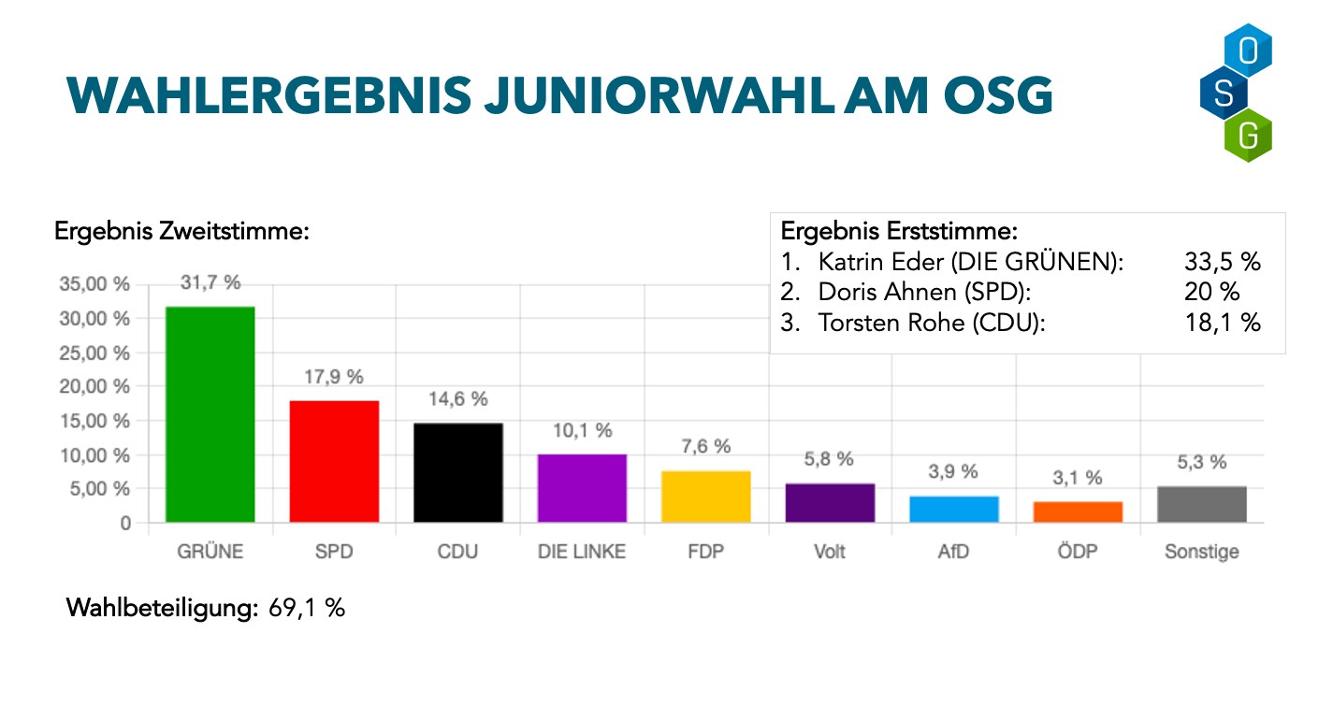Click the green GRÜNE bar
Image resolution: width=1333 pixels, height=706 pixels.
pyautogui.click(x=210, y=414)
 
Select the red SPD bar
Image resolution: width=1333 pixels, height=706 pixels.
pyautogui.click(x=334, y=461)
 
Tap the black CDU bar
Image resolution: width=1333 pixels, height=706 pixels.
pyautogui.click(x=457, y=472)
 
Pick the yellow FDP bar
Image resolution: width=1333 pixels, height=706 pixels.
pyautogui.click(x=705, y=497)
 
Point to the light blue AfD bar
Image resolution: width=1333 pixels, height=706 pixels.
pyautogui.click(x=953, y=510)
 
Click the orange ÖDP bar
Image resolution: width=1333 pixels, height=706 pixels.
pyautogui.click(x=1078, y=512)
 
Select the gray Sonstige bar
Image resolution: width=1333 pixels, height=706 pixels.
pyautogui.click(x=1201, y=505)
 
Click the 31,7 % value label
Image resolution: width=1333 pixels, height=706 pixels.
pyautogui.click(x=210, y=283)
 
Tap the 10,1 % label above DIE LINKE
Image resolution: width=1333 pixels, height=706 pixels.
pyautogui.click(x=582, y=431)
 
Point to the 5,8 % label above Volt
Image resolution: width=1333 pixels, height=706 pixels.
pyautogui.click(x=830, y=459)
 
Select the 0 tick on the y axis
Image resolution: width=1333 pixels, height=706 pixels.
pyautogui.click(x=124, y=524)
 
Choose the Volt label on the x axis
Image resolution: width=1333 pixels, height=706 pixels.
pyautogui.click(x=830, y=552)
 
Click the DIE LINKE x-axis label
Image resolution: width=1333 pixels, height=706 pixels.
pyautogui.click(x=582, y=552)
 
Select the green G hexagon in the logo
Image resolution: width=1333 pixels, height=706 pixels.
pyautogui.click(x=1248, y=136)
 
